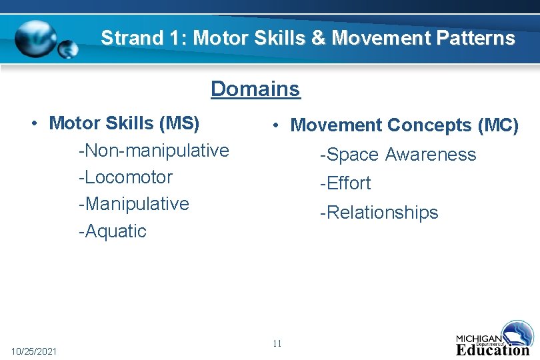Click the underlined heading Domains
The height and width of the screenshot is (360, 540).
coord(255,89)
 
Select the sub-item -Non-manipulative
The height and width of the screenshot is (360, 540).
coord(153,151)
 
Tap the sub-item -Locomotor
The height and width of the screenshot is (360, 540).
coord(125,177)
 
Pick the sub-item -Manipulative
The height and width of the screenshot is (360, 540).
coord(133,204)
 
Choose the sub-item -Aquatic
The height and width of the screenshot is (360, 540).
coord(112,231)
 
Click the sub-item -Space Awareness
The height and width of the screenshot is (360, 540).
coord(398,155)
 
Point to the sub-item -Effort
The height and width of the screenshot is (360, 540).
coord(345,183)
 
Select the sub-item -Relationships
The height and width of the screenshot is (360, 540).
coord(379,213)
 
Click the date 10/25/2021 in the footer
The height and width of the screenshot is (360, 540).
coord(34,351)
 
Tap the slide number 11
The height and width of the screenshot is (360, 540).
coord(277,344)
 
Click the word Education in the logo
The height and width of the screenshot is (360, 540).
coord(493,349)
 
